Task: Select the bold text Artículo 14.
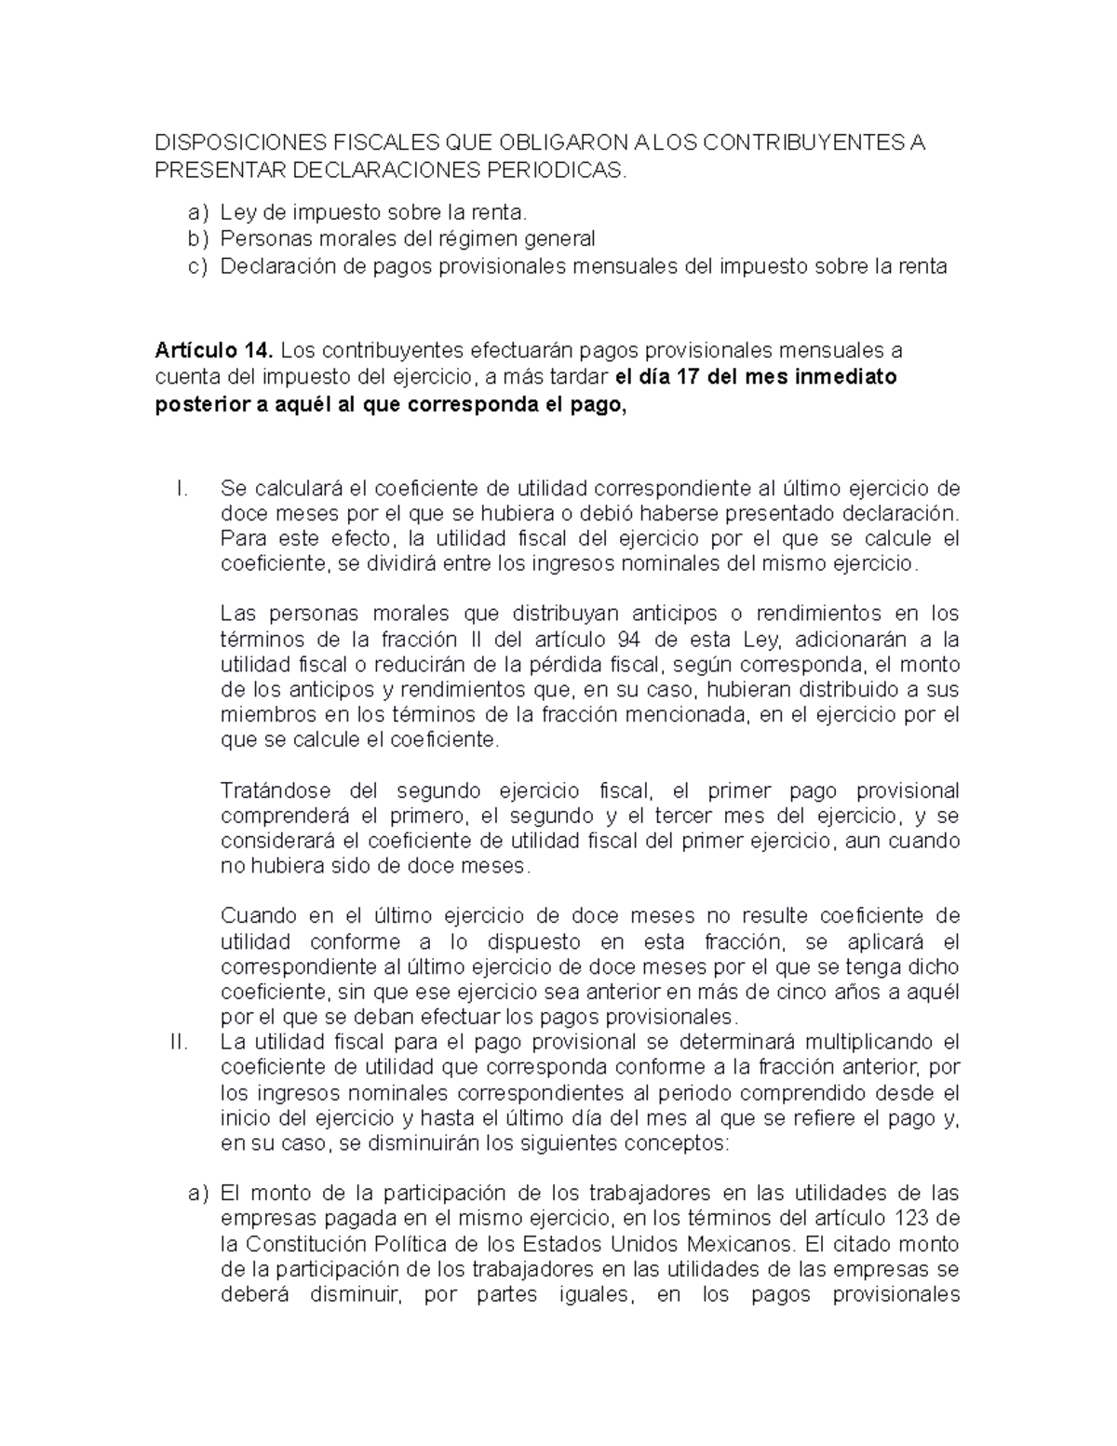(x=213, y=351)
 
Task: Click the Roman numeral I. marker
(x=182, y=488)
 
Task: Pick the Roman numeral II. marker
(x=179, y=1041)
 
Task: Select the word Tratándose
(x=276, y=791)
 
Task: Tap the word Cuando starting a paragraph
(x=253, y=915)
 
